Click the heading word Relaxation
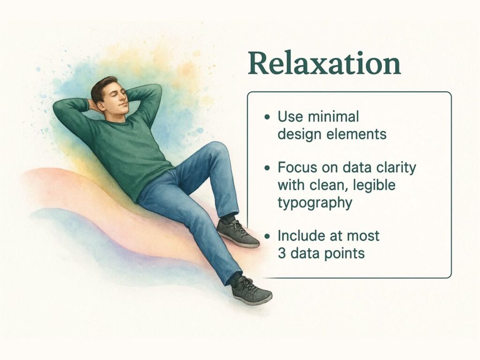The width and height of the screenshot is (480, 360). (x=324, y=63)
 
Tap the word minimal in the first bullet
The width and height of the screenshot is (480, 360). (x=333, y=117)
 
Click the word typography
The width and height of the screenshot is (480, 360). (x=315, y=203)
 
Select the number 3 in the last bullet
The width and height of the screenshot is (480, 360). (x=282, y=254)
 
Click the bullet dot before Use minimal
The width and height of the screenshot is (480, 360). (x=268, y=117)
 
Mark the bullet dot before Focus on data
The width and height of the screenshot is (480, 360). (x=268, y=168)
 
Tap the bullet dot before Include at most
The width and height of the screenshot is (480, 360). (x=268, y=236)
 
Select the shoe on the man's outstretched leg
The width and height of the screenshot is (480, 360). (x=251, y=290)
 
